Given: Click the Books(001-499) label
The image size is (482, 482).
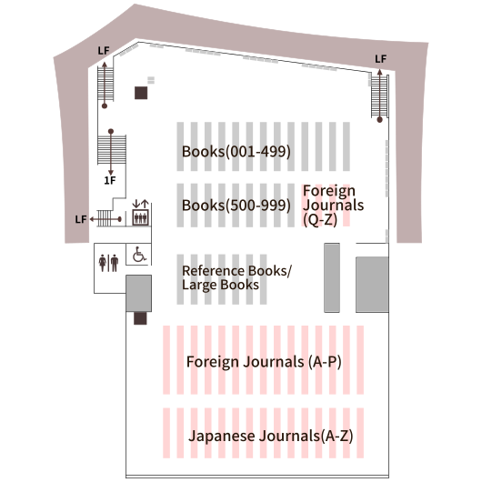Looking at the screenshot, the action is (236, 152).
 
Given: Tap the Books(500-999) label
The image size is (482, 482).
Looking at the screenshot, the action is (236, 206).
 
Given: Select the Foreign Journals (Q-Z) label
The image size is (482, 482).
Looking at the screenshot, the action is (333, 205).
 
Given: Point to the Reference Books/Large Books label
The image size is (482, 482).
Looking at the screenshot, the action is (236, 277).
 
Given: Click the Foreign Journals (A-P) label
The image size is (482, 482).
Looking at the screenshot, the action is (264, 362).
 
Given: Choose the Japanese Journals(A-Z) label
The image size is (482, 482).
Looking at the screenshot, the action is (270, 436).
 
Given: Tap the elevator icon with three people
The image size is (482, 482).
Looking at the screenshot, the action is (140, 217).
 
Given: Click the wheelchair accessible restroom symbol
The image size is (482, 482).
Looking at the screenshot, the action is (139, 255).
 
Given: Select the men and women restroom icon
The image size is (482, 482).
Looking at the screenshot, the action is (108, 263).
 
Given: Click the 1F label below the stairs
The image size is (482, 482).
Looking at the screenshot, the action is (110, 180).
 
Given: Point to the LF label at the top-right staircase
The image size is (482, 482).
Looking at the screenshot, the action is (380, 59).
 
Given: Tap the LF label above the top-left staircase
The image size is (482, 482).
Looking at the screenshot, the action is (104, 50).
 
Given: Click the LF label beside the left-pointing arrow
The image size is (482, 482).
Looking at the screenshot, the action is (81, 219).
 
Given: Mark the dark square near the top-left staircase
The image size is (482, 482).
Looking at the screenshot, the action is (141, 93).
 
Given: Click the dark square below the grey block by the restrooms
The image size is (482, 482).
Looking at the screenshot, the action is (140, 318).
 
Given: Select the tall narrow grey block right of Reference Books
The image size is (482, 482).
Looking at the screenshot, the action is (332, 277).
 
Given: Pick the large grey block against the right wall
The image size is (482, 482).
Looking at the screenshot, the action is (372, 285).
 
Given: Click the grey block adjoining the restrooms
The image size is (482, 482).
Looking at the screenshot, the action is (138, 293).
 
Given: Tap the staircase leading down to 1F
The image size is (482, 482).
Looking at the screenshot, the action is (112, 149).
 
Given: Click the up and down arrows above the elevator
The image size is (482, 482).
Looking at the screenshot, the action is (140, 204).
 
